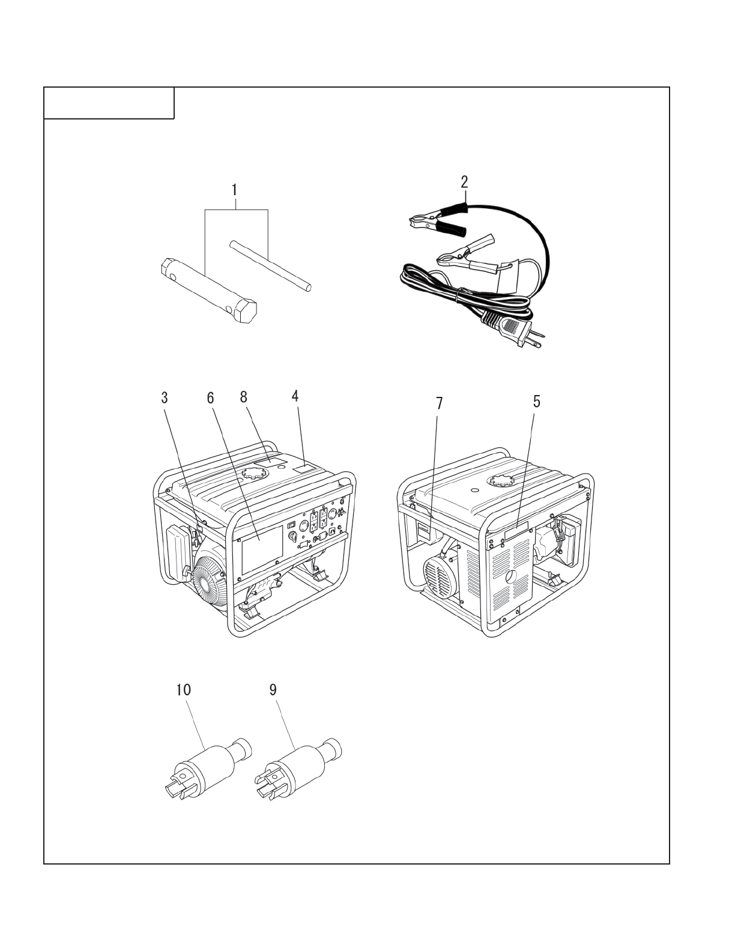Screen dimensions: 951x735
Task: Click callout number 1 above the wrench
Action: [x=235, y=189]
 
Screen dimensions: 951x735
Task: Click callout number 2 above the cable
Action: [x=465, y=181]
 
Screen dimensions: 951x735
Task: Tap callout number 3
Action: [x=164, y=397]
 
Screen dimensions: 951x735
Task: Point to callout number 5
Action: [x=536, y=402]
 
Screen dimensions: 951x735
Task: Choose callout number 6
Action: [x=210, y=397]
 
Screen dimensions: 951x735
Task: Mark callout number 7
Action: [x=439, y=403]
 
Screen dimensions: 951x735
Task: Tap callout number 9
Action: [x=273, y=690]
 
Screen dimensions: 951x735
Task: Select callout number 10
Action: [x=183, y=690]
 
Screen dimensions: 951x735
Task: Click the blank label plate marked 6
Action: [x=261, y=549]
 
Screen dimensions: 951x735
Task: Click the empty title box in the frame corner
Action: [x=109, y=103]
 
